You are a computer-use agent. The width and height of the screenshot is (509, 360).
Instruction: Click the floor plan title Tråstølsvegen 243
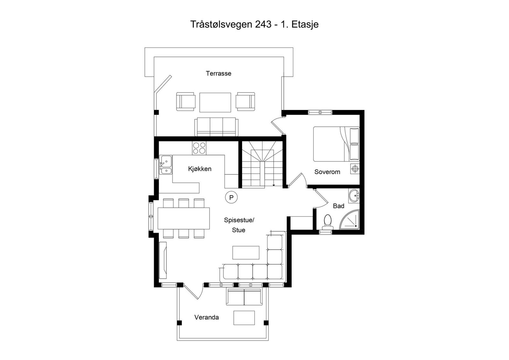(x=254, y=24)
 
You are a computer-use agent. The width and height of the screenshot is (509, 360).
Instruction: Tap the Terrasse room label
(x=218, y=73)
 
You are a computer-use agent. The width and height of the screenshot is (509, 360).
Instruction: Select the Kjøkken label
(x=199, y=169)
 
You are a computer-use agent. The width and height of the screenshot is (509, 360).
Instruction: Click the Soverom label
(x=327, y=172)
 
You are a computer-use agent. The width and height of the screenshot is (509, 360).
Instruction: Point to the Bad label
(x=338, y=206)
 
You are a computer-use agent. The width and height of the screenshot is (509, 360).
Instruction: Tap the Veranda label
(x=206, y=317)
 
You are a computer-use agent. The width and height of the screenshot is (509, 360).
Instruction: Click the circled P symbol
(x=232, y=197)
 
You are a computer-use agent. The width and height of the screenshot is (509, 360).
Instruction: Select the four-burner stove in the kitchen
(x=199, y=148)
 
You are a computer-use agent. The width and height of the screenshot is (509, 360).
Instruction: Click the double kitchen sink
(x=165, y=165)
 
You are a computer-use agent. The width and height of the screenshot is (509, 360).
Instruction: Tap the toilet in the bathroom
(x=327, y=222)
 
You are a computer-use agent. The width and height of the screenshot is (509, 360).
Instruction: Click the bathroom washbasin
(x=353, y=196)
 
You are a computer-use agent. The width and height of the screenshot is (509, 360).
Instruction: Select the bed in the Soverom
(x=336, y=144)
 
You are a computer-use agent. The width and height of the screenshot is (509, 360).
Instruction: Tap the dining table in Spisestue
(x=184, y=218)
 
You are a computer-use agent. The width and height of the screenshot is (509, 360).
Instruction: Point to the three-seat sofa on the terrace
(x=216, y=127)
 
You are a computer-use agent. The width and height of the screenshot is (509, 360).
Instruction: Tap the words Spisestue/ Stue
(x=239, y=225)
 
